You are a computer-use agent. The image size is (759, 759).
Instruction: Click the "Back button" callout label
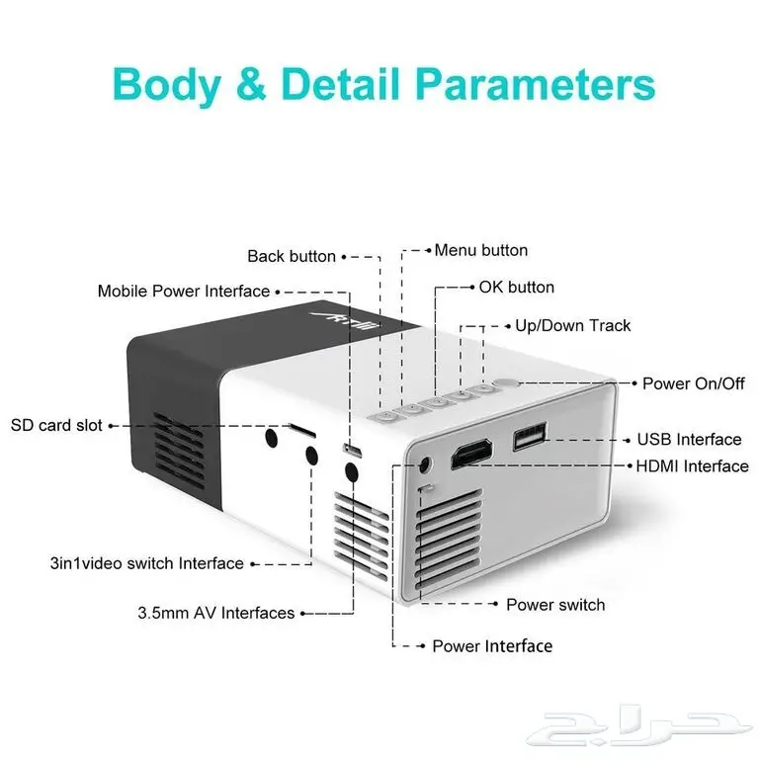(x=292, y=256)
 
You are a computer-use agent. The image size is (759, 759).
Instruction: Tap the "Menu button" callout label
(x=481, y=250)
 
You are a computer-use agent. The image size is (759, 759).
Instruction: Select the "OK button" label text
(x=517, y=288)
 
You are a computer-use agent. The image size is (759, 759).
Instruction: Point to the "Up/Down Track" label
(x=572, y=325)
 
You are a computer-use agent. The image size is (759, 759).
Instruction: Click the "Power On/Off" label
(x=694, y=383)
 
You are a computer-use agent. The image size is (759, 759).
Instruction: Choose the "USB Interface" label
(x=689, y=439)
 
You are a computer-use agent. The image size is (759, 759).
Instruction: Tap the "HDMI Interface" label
(x=692, y=465)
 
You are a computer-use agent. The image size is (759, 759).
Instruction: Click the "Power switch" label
(x=555, y=604)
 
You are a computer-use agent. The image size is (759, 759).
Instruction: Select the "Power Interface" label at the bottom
(x=492, y=645)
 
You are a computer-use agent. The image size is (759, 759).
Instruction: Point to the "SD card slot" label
(x=56, y=425)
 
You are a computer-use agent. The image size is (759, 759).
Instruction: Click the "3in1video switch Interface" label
(x=146, y=563)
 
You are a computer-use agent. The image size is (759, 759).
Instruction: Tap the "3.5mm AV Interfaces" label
(x=215, y=613)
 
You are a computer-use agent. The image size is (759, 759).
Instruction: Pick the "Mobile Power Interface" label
(x=184, y=291)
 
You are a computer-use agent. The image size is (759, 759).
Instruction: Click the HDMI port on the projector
(x=472, y=455)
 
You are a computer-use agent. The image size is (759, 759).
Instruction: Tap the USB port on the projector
(x=530, y=436)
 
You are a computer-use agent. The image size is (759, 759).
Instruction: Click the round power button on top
(x=506, y=383)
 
